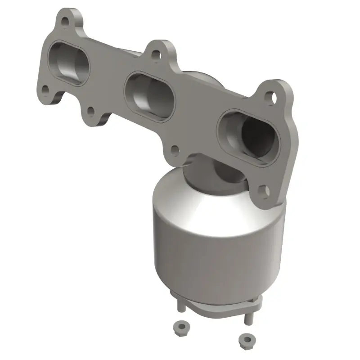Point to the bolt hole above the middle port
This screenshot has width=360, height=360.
[156, 55]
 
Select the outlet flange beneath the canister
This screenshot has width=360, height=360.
[216, 305]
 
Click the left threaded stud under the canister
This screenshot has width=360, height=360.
[180, 306]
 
